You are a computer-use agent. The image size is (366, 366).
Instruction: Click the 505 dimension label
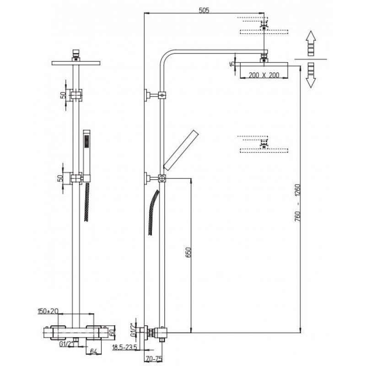point(204,11)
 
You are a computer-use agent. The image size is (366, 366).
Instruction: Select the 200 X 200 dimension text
point(264,75)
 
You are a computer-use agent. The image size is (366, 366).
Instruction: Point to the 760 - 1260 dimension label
point(298,203)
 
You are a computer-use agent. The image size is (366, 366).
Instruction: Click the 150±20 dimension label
point(48,311)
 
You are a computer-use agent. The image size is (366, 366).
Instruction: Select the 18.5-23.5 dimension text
point(124,347)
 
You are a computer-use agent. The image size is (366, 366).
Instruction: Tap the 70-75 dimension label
point(154,359)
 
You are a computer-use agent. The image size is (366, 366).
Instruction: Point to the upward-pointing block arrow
point(311,43)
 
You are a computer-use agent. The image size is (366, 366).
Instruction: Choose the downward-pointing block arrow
point(311,75)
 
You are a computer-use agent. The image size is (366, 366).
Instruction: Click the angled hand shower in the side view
point(181,150)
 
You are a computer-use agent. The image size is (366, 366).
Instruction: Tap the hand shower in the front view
point(87,155)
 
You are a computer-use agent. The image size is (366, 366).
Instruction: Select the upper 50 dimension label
point(63,95)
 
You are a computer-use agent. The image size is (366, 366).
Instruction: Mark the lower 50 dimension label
point(60,178)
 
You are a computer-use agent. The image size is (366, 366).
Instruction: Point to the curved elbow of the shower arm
point(165,56)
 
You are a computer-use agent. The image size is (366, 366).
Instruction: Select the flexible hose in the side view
point(153,212)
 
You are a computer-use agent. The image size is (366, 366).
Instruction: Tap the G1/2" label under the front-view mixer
point(67,344)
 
